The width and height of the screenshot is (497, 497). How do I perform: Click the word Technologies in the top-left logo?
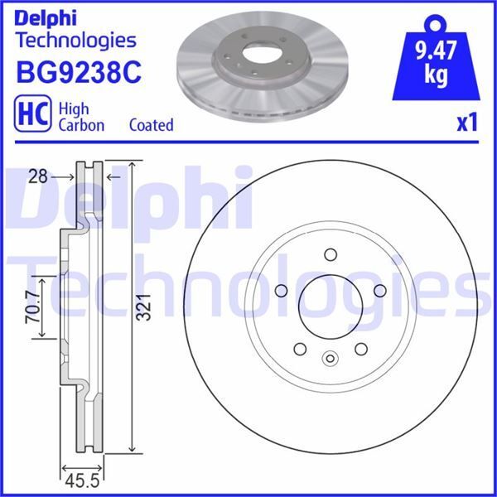75,39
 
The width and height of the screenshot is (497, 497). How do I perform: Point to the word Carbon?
80,125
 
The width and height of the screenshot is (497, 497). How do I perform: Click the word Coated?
151,125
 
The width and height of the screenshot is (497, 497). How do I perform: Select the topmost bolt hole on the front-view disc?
330,254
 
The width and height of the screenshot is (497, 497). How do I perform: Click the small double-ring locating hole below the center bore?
330,359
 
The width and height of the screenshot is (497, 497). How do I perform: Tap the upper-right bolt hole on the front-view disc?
380,291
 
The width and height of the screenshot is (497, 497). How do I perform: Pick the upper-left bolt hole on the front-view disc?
279,291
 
